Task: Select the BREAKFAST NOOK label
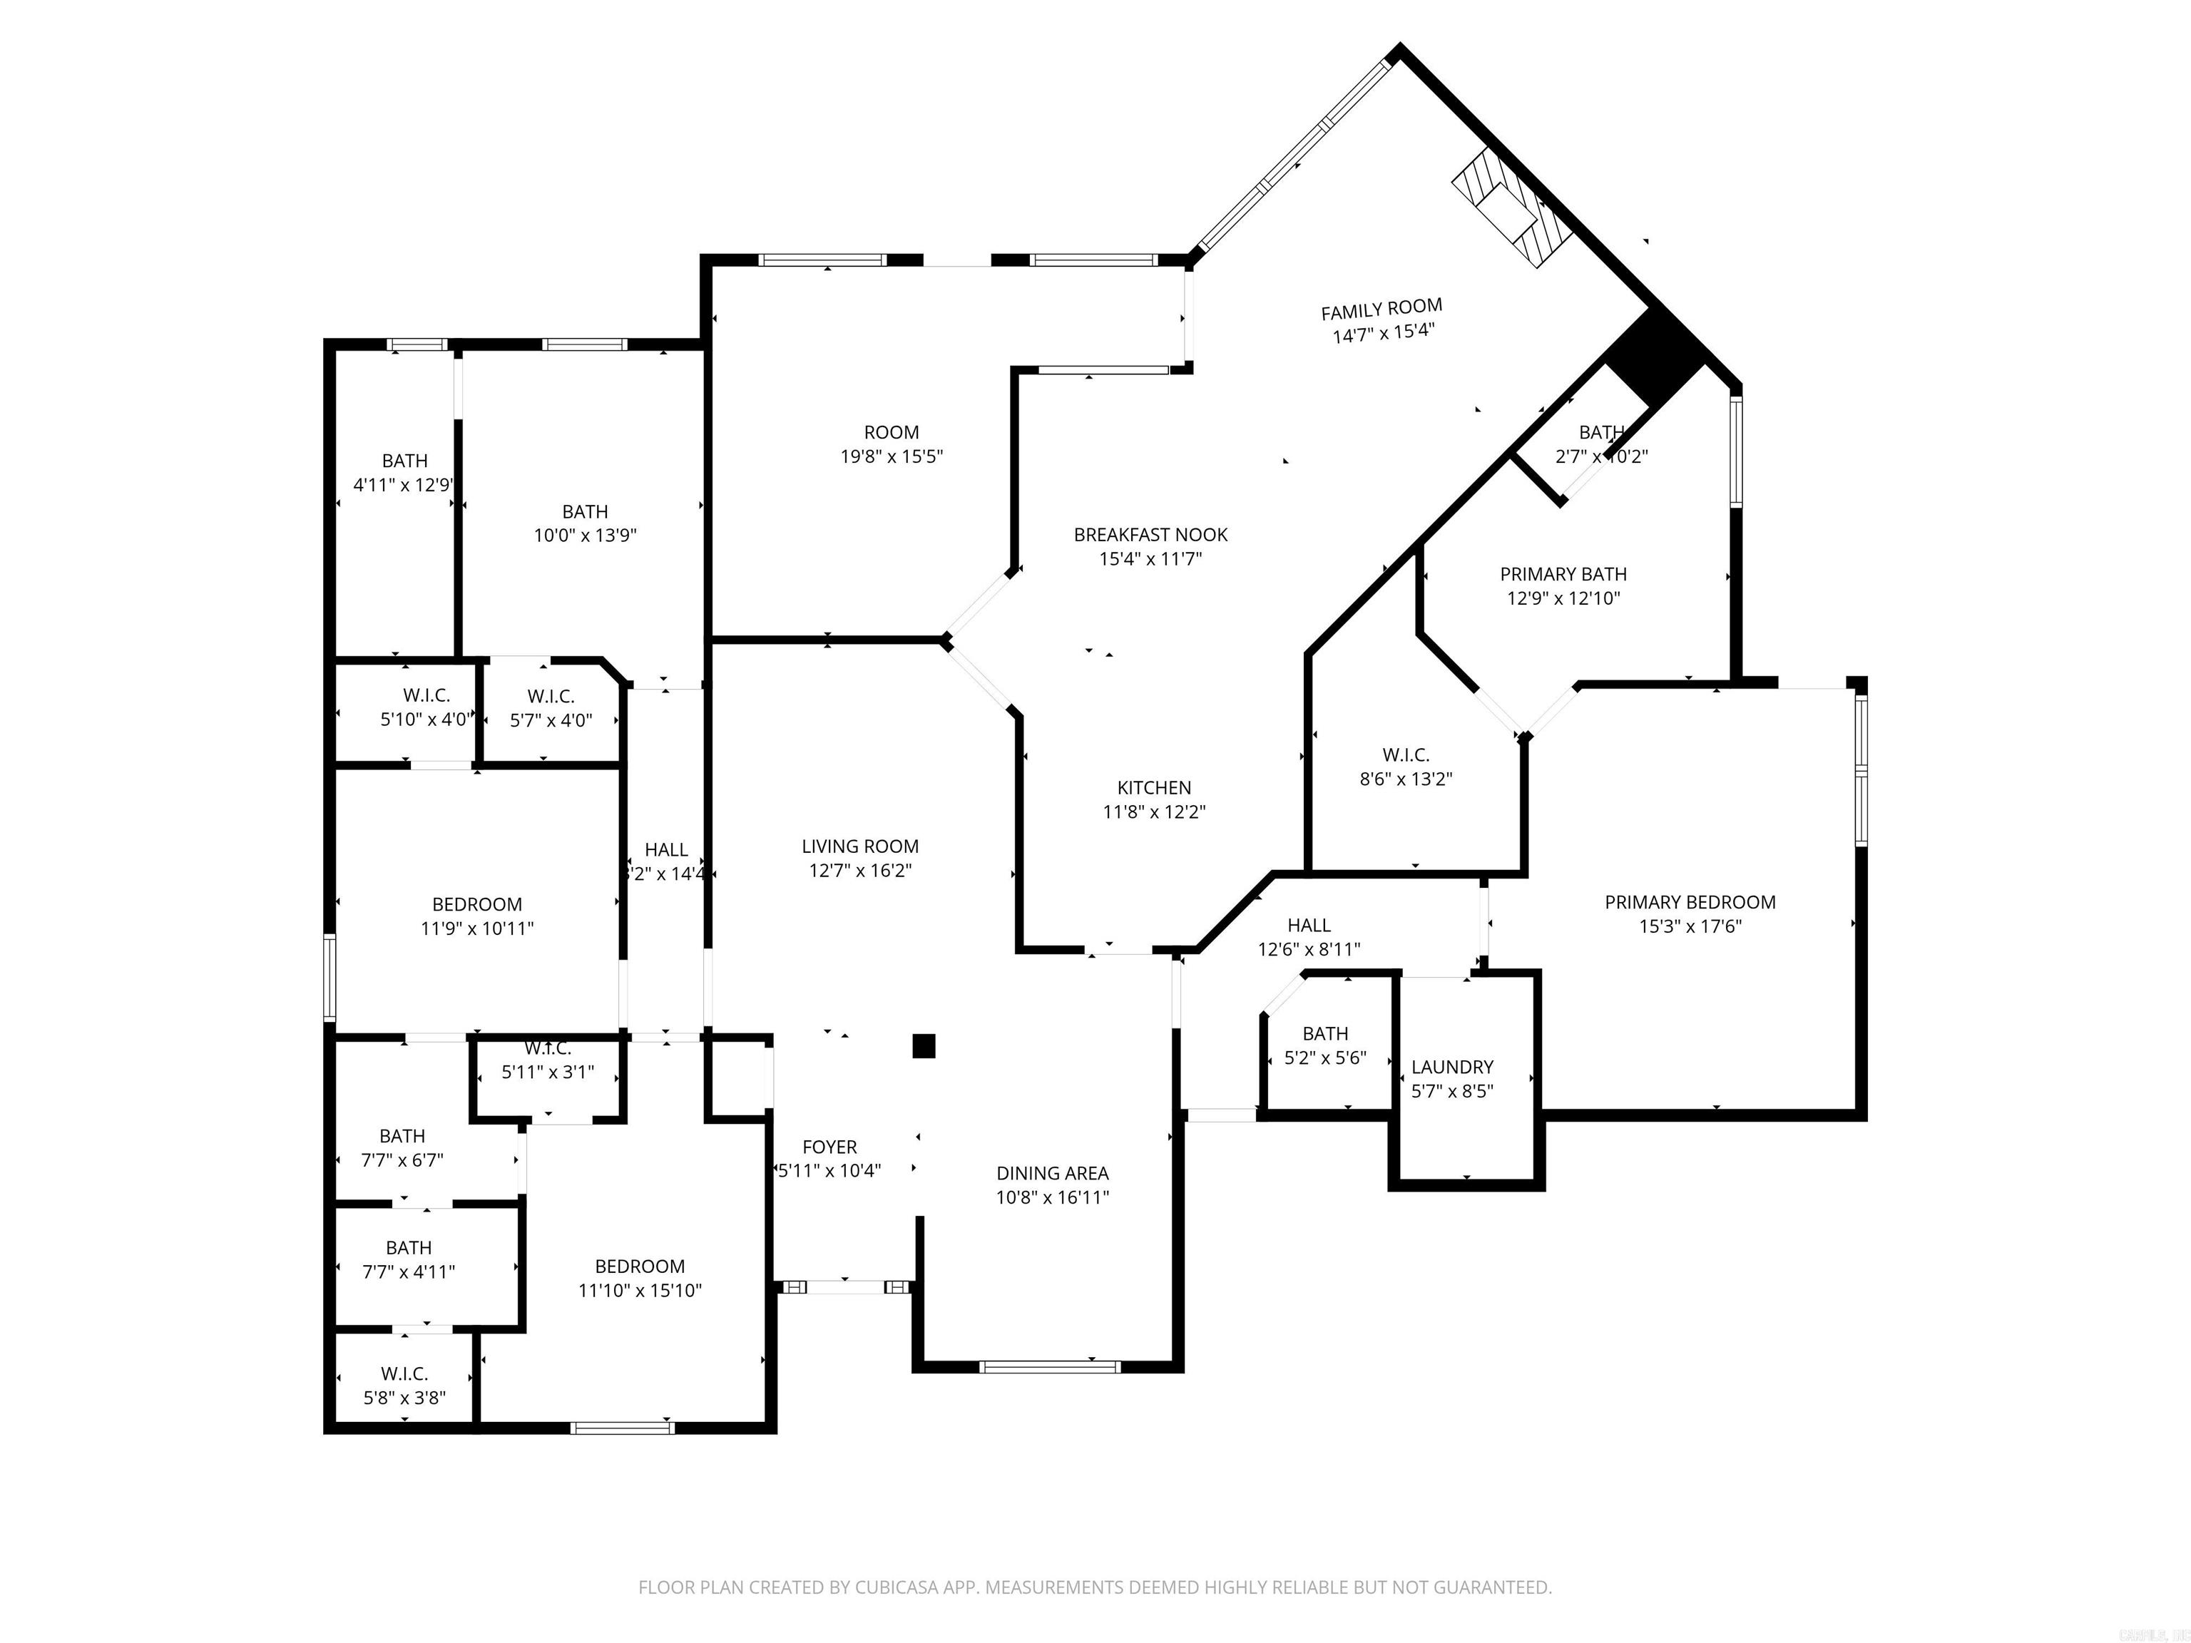pos(1150,535)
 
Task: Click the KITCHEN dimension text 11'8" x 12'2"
pos(1154,812)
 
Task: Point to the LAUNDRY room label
pos(1452,1067)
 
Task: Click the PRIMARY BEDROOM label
pos(1690,902)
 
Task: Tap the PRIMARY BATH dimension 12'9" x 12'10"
pos(1563,598)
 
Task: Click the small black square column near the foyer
pos(923,1047)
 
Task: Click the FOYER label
pos(829,1147)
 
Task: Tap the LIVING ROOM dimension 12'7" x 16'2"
pos(859,871)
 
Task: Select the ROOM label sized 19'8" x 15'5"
pos(892,433)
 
